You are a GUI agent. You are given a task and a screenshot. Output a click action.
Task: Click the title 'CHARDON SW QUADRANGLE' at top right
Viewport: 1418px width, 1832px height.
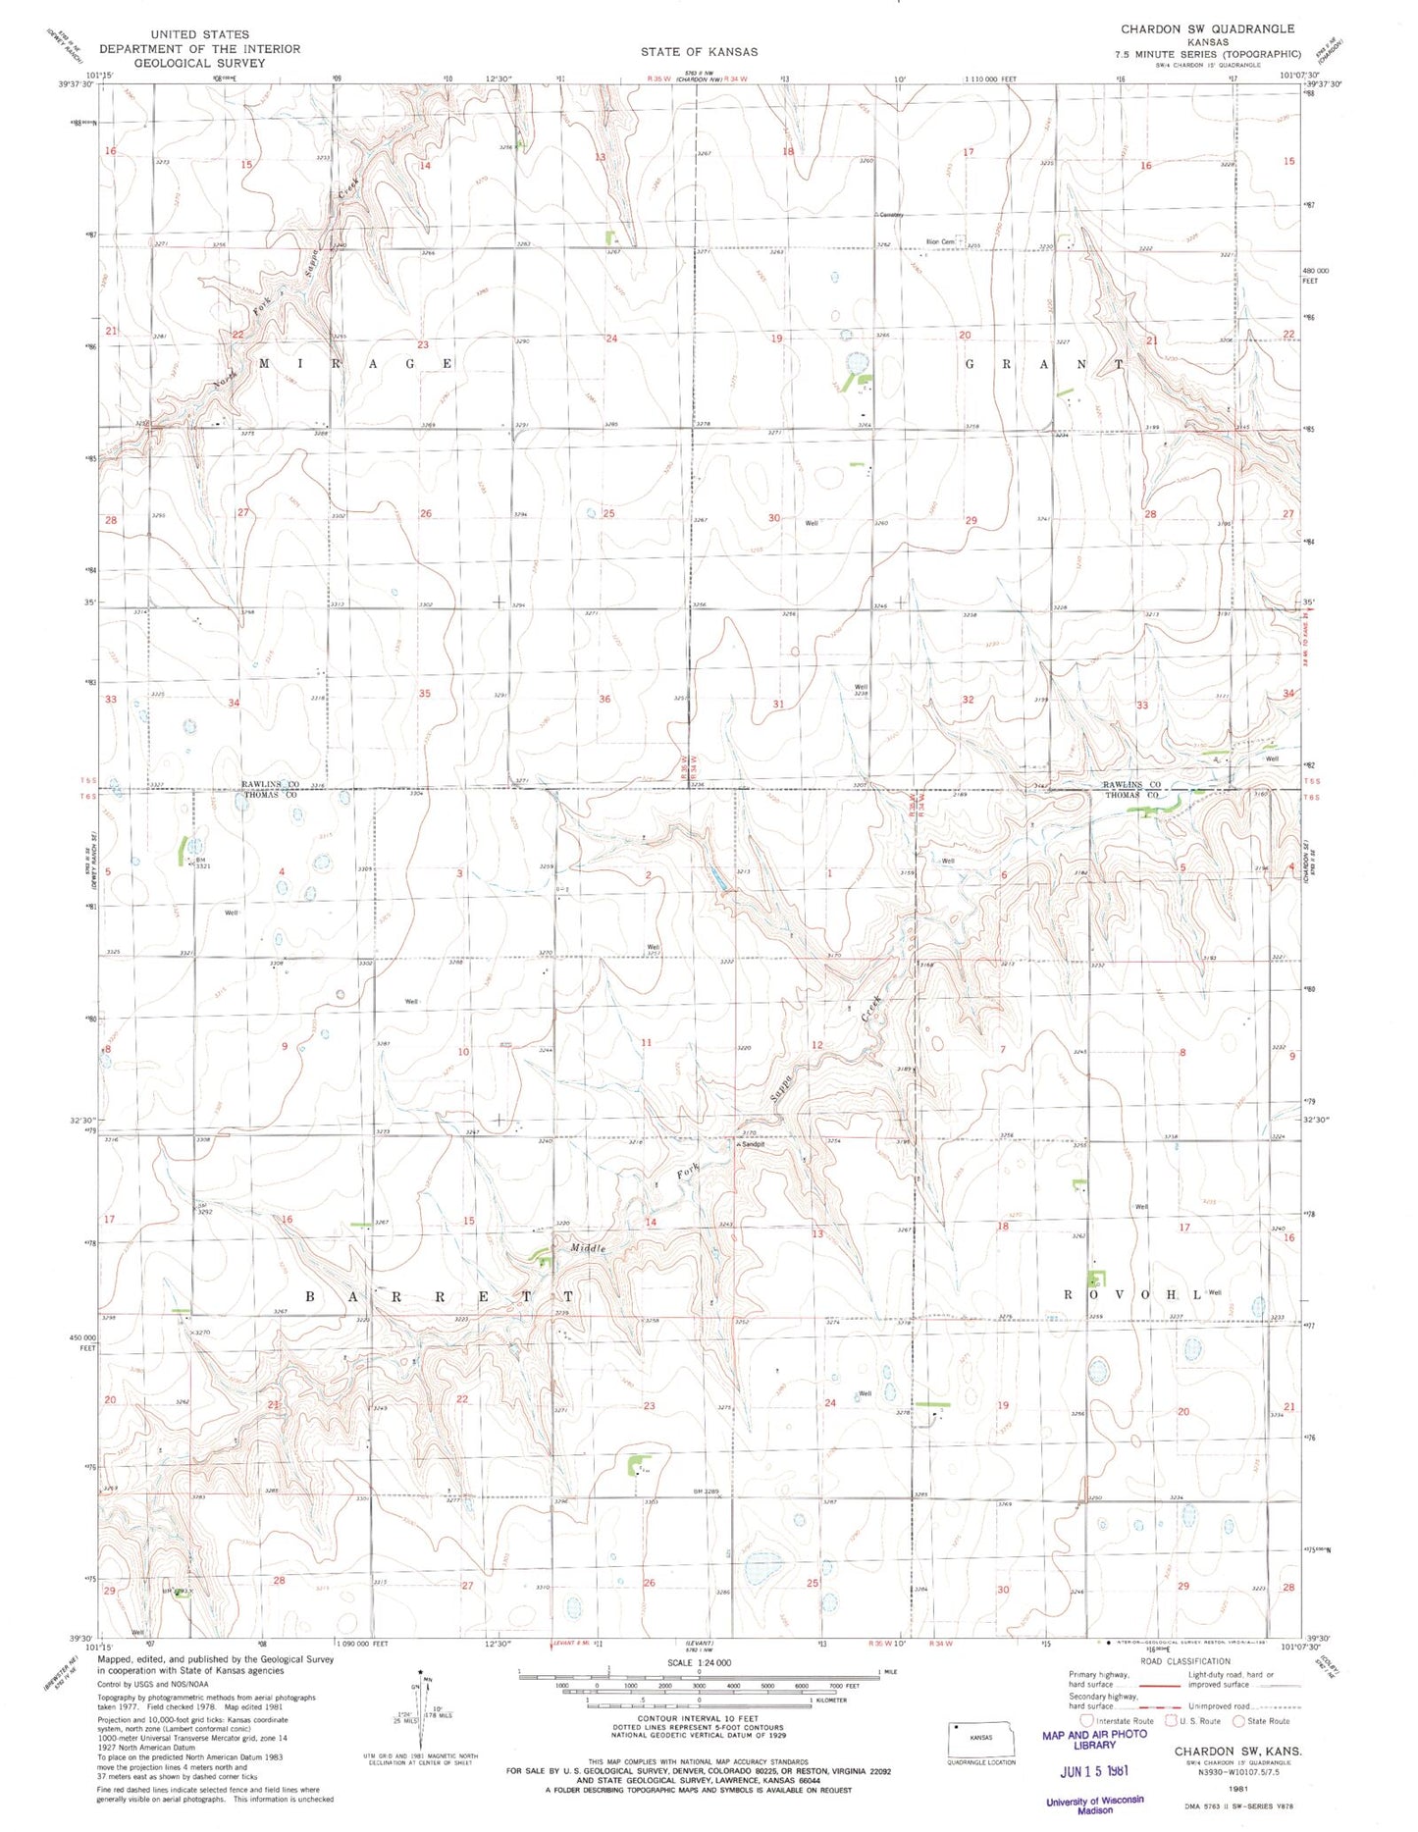pos(1207,29)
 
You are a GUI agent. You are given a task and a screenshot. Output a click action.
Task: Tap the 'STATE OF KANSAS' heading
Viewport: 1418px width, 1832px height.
pos(699,51)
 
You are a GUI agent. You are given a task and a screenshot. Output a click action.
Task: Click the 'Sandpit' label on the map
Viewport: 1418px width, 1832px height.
pos(753,1144)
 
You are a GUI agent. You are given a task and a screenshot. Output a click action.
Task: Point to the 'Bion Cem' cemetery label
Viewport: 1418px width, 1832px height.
pos(940,241)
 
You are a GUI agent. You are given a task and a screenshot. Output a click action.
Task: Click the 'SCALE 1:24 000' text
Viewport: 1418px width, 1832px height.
pos(698,1662)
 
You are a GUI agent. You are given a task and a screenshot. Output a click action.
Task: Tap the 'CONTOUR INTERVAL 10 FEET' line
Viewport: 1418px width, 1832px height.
pos(699,1719)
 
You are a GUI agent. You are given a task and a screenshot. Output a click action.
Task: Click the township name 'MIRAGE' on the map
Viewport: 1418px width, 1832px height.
pos(356,363)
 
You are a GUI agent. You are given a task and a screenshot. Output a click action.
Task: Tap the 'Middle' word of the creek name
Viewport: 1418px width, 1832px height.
pos(589,1248)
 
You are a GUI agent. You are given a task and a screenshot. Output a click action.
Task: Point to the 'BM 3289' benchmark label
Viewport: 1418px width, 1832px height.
pos(707,1492)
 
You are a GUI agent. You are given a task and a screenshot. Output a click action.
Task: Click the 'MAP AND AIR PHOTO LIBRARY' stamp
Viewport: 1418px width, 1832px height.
pos(1094,1740)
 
